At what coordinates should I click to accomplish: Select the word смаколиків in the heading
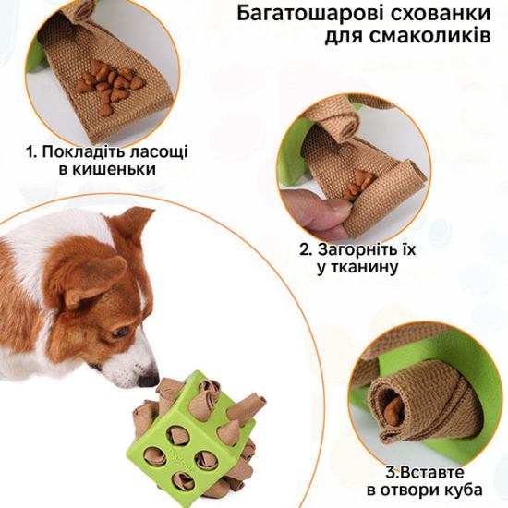pyautogui.click(x=429, y=36)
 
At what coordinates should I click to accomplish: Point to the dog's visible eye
pyautogui.click(x=120, y=333)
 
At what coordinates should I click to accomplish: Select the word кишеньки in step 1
pyautogui.click(x=114, y=169)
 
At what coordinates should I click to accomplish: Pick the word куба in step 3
pyautogui.click(x=464, y=490)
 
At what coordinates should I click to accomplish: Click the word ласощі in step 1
pyautogui.click(x=159, y=152)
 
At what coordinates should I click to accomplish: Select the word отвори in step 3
pyautogui.click(x=410, y=490)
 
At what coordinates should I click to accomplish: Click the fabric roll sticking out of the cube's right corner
pyautogui.click(x=247, y=404)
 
